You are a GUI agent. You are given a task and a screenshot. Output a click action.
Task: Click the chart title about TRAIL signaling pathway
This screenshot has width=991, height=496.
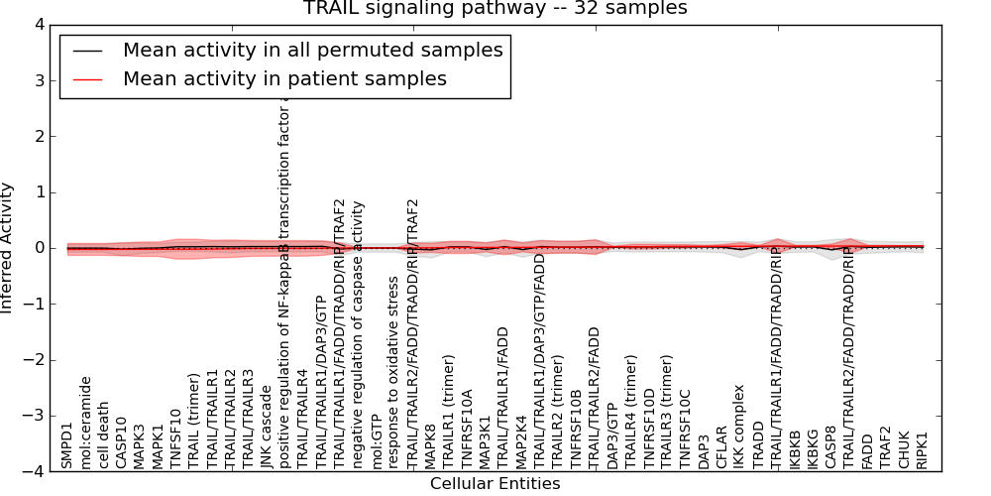point(495,9)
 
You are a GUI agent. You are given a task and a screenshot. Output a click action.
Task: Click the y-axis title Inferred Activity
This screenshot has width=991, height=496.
point(8,248)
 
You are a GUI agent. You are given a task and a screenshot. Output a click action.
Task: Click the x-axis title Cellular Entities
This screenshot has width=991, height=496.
point(495,484)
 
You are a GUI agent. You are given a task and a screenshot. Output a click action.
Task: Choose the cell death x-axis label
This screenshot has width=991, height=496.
point(104,433)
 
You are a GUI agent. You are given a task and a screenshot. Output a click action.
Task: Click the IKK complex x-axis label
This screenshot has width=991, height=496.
point(739,427)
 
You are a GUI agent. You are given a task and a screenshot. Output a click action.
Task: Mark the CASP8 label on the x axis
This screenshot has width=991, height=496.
point(831,447)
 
